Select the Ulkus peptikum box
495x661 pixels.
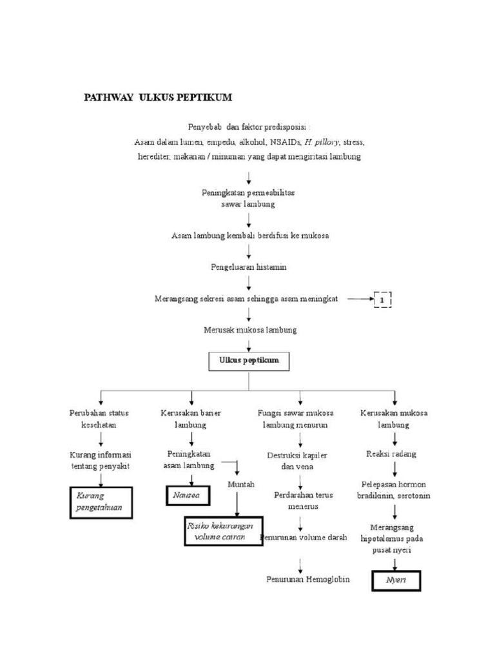(249, 361)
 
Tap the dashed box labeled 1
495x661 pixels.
(382, 300)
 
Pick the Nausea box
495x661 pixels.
(186, 495)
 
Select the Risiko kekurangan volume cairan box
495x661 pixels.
(223, 531)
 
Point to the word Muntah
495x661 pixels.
(240, 483)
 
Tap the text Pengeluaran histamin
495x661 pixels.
(249, 267)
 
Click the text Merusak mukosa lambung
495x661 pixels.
(249, 330)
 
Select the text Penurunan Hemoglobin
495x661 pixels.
(308, 579)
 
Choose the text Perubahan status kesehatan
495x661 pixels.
(100, 419)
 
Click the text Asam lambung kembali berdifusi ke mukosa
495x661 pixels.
(249, 236)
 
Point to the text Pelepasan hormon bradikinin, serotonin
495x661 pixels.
(394, 489)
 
